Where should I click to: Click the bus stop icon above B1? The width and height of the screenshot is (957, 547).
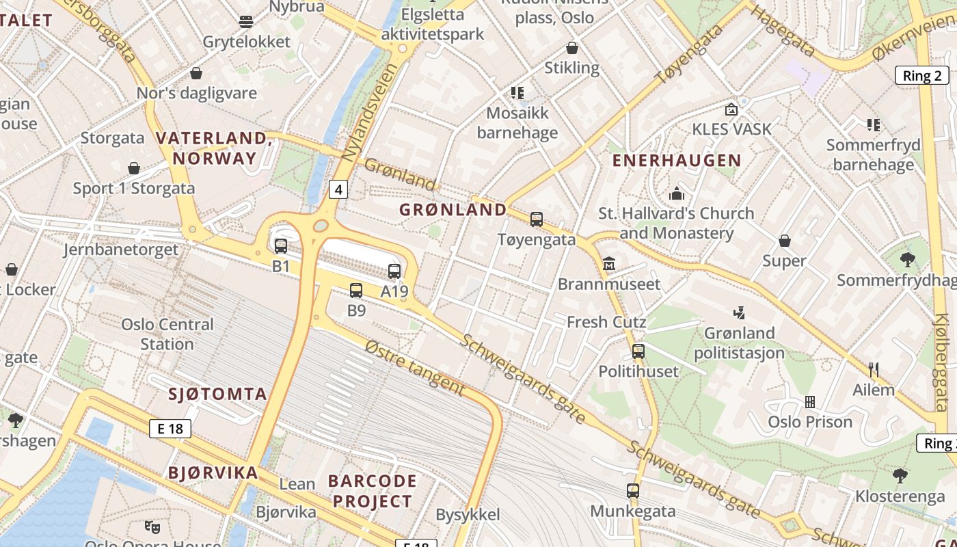pos(280,246)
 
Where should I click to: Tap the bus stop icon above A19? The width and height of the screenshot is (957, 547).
pos(394,271)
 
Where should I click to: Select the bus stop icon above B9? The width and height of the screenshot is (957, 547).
pos(356,291)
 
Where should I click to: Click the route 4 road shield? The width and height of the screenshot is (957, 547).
pos(338,189)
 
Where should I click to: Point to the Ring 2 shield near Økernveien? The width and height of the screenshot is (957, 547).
pos(922,76)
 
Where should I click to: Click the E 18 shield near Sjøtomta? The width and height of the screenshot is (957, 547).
pos(170,429)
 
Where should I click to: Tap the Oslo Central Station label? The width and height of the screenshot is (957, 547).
pos(167,334)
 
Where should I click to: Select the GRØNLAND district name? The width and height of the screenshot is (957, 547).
pos(453,210)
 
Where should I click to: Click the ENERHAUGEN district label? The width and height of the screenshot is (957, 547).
pos(676,161)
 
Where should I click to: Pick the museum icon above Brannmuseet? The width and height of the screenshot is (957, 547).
pos(609,263)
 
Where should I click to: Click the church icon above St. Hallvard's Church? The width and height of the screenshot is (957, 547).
pos(677,194)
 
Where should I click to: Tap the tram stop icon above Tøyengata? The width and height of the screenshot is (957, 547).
pos(537,219)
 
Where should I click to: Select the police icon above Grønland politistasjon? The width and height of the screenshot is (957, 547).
pos(739,313)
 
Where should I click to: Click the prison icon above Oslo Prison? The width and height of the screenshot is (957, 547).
pos(810,402)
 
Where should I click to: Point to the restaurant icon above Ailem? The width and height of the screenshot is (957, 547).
pos(873,370)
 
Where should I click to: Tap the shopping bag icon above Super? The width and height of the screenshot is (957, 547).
pos(785,241)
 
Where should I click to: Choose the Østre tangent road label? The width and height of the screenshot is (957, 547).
pos(415,369)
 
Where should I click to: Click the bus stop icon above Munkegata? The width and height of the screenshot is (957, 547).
pos(633,491)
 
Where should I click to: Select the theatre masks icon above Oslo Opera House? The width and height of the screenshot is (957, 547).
pos(152,526)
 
